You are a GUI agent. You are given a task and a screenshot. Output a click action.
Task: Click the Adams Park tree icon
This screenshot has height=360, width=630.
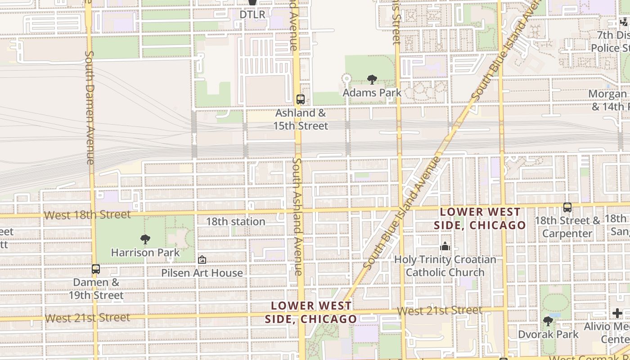[372, 80]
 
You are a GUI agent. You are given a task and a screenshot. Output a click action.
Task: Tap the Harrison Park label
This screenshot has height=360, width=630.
[145, 252]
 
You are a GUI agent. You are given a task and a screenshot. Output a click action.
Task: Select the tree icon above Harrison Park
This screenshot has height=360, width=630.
[145, 239]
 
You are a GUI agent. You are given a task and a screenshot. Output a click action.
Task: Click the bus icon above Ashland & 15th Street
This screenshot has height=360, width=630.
[300, 99]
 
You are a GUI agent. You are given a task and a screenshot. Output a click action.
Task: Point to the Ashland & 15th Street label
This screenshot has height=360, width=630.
[301, 119]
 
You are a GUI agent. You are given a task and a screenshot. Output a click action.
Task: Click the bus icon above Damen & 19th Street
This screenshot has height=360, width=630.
[96, 269]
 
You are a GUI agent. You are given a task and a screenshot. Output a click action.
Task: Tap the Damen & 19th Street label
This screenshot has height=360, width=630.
[96, 289]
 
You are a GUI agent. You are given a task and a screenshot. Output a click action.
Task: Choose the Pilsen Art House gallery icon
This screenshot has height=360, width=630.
[202, 260]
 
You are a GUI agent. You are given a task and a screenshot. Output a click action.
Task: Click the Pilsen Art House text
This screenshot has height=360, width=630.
[202, 273]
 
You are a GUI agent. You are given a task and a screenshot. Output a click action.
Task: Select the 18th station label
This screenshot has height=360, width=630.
[235, 221]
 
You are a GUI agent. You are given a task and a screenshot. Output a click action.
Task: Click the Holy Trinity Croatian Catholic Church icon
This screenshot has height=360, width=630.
[445, 246]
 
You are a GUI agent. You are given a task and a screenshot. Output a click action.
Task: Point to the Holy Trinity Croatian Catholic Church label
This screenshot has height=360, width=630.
[445, 266]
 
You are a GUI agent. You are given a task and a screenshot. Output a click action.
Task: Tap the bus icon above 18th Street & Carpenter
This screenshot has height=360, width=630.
[567, 207]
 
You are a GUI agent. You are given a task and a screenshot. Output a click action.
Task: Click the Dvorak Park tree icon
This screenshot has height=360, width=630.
[548, 321]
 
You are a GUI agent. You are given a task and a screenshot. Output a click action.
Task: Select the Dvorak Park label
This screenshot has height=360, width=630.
[548, 334]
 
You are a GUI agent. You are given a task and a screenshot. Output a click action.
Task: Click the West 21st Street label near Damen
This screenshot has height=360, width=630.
[87, 318]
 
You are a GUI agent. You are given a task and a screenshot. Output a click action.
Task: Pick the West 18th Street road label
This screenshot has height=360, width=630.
[87, 215]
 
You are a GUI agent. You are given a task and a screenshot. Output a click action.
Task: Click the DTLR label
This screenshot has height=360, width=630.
[252, 14]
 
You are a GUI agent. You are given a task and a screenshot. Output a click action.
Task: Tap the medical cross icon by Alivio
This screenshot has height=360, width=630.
[617, 313]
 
